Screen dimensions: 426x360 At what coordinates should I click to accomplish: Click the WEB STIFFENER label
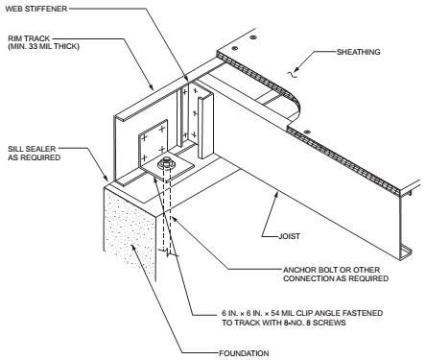pos(36,9)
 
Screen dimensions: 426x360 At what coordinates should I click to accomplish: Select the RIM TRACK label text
pos(29,38)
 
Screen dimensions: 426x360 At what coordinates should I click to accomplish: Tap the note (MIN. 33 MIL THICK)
pos(43,46)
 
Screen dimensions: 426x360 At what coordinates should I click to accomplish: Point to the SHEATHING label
pos(359,52)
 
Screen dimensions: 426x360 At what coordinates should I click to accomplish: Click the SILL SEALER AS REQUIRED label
pos(35,154)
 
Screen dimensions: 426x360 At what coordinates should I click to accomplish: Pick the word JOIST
pos(290,236)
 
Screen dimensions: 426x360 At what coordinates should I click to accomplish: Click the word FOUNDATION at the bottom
pos(244,353)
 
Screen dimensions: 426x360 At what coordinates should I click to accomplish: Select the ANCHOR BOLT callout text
pos(336,275)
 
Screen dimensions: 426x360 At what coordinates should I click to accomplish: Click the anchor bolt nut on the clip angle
pos(167,163)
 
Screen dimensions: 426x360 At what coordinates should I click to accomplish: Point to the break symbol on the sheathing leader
pos(292,74)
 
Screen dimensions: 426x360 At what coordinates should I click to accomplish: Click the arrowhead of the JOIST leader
pos(277,194)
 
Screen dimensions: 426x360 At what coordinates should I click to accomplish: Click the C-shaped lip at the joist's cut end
pos(405,252)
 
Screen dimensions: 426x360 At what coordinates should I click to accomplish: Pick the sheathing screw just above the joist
pos(307,132)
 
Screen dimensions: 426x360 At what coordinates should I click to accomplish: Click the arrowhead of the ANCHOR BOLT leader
pos(172,218)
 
